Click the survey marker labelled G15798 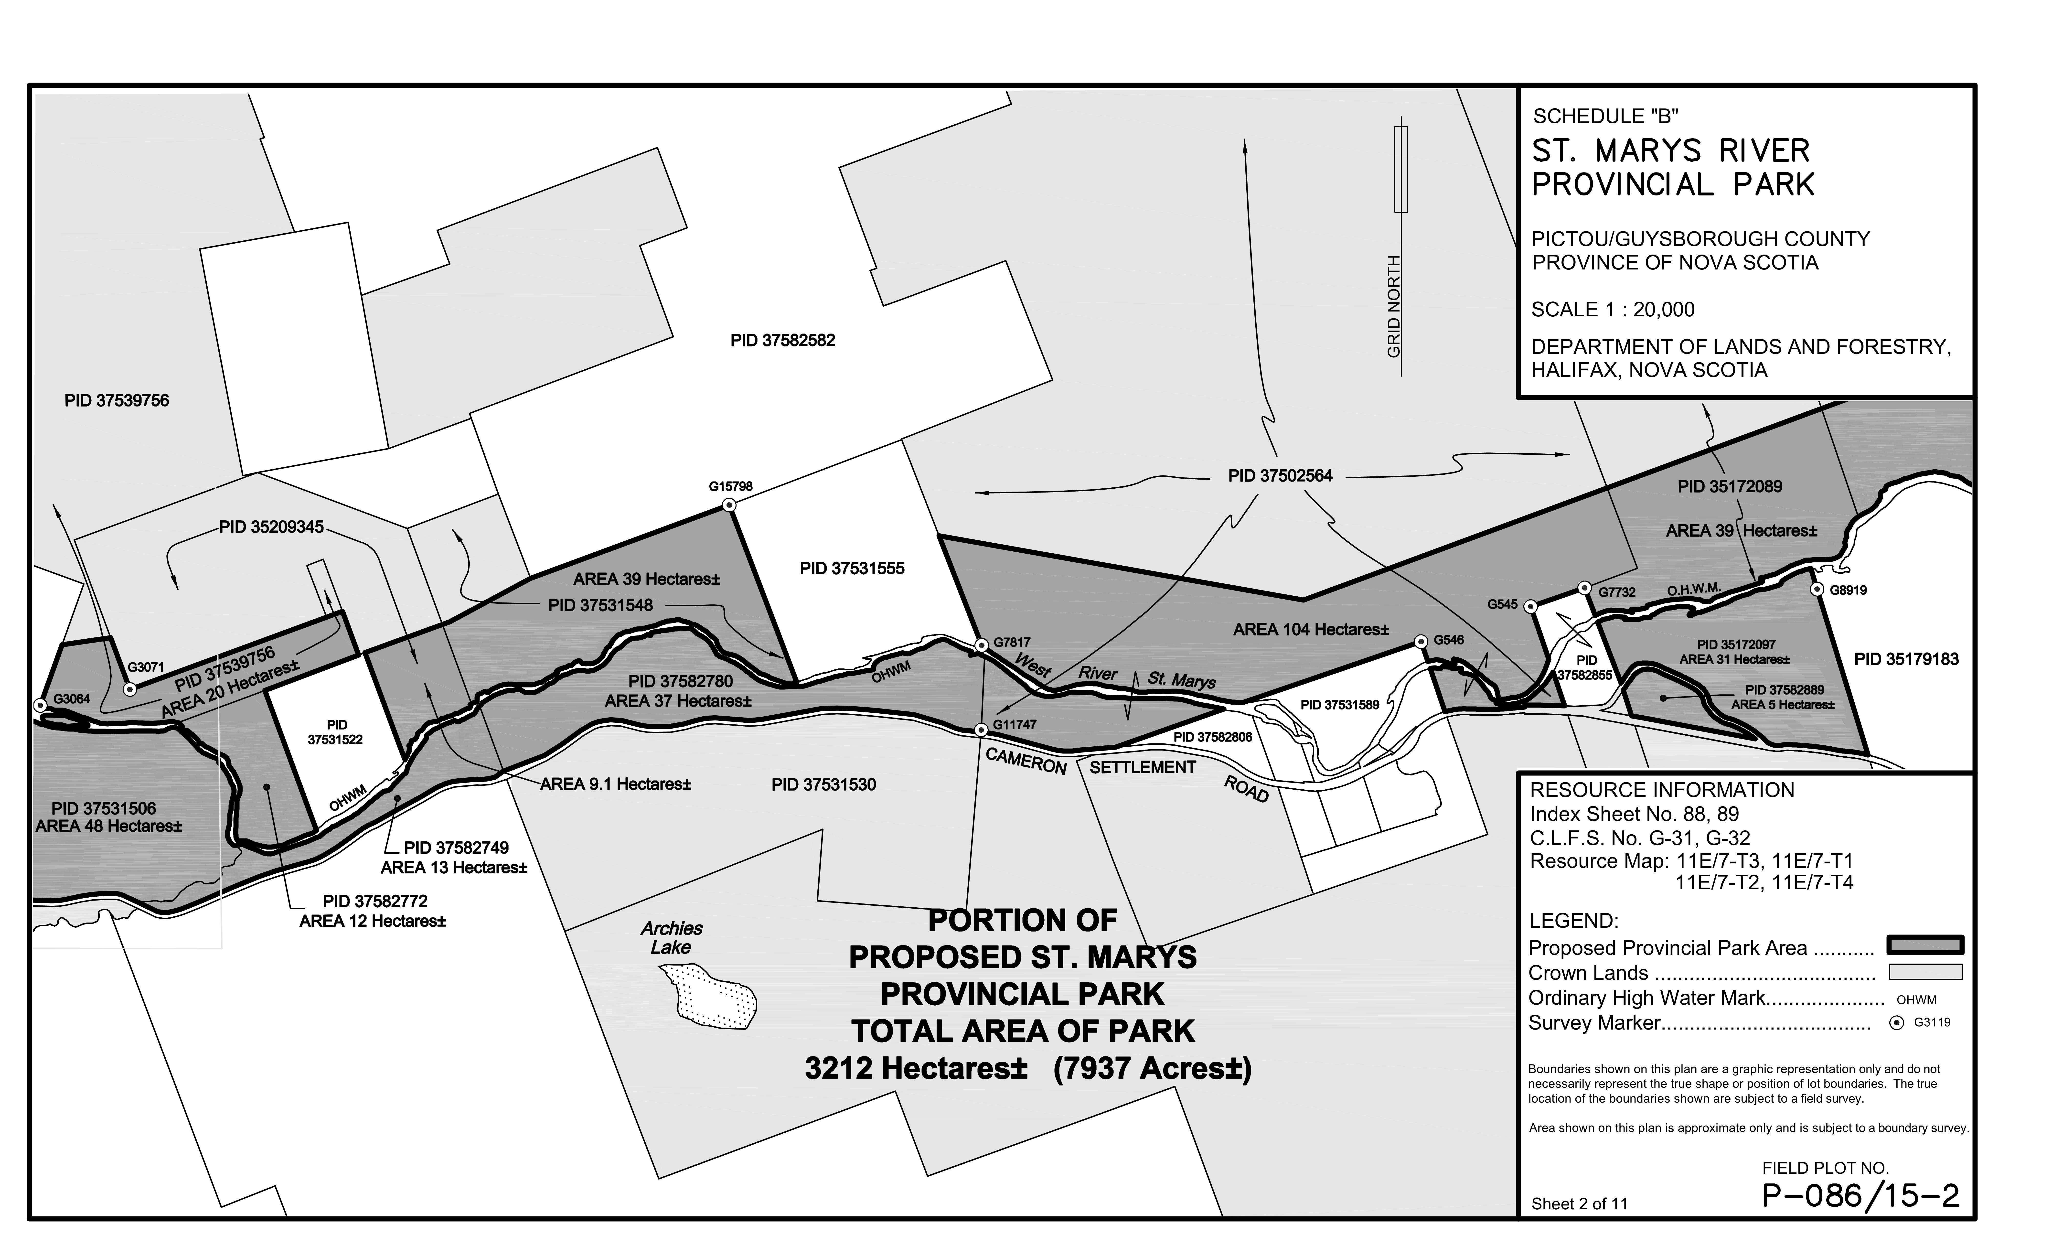point(729,505)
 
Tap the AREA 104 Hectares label point(1311,630)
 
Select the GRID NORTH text point(1393,307)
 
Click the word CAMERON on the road point(1025,760)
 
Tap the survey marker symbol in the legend point(1897,1024)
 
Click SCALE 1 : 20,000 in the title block point(1612,310)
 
